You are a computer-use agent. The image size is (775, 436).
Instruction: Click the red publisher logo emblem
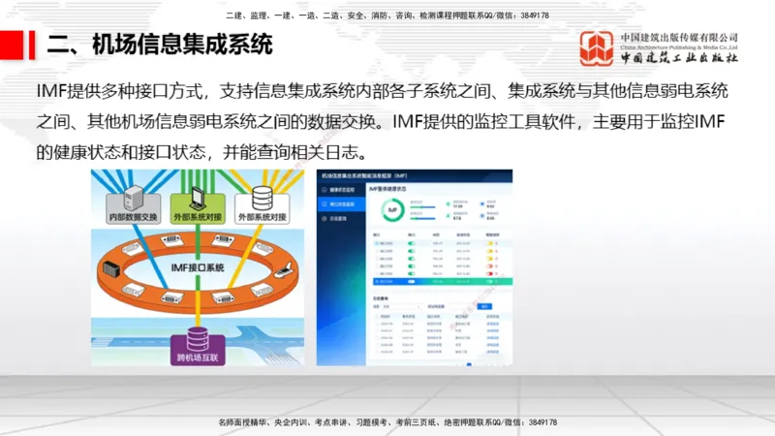point(597,47)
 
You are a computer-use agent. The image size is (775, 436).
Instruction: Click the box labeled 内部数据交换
point(131,218)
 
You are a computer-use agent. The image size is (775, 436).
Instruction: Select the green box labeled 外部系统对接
point(196,218)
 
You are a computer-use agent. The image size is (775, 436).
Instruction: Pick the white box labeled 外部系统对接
point(262,218)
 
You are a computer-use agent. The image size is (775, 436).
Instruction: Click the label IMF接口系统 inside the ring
point(199,267)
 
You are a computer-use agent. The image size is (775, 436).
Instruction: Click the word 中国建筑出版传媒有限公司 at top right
point(679,37)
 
